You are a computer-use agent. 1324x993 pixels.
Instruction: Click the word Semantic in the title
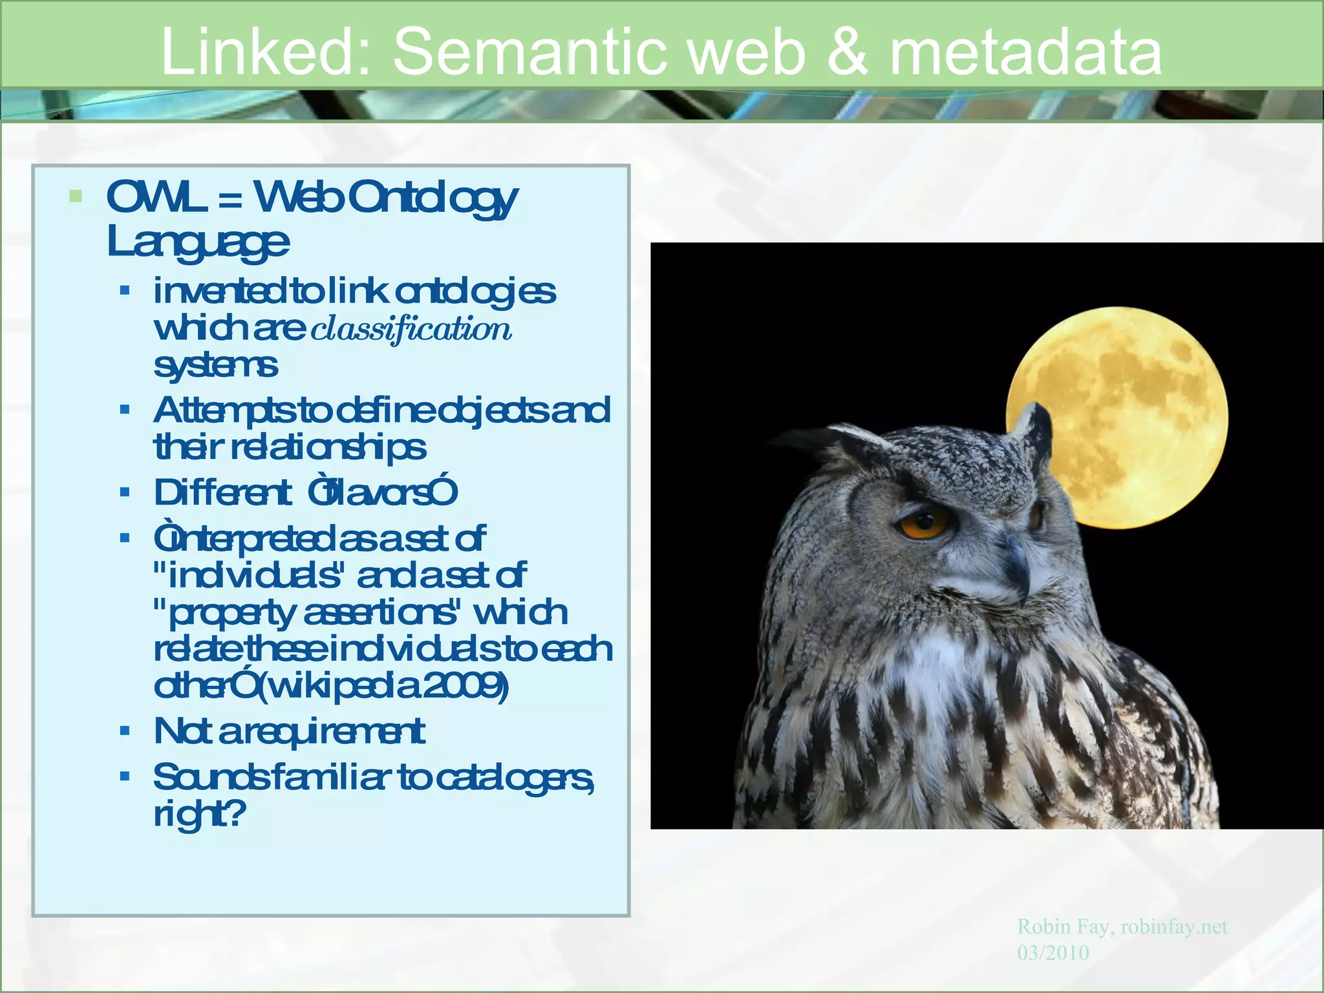coord(530,52)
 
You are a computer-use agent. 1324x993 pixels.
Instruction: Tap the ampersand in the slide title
coord(847,52)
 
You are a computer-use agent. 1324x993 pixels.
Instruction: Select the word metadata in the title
coord(1026,52)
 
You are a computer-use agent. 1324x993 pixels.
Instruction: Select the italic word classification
coord(411,329)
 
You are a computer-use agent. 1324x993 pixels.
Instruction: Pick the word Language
coord(198,242)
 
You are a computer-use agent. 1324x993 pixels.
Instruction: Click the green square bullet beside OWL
coord(76,196)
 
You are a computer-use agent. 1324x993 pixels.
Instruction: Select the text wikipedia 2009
coord(388,686)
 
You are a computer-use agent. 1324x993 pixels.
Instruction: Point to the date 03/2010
coord(1052,953)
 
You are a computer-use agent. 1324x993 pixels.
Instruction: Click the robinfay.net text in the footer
coord(1173,926)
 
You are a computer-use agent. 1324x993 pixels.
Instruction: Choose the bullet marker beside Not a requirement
coord(125,731)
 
